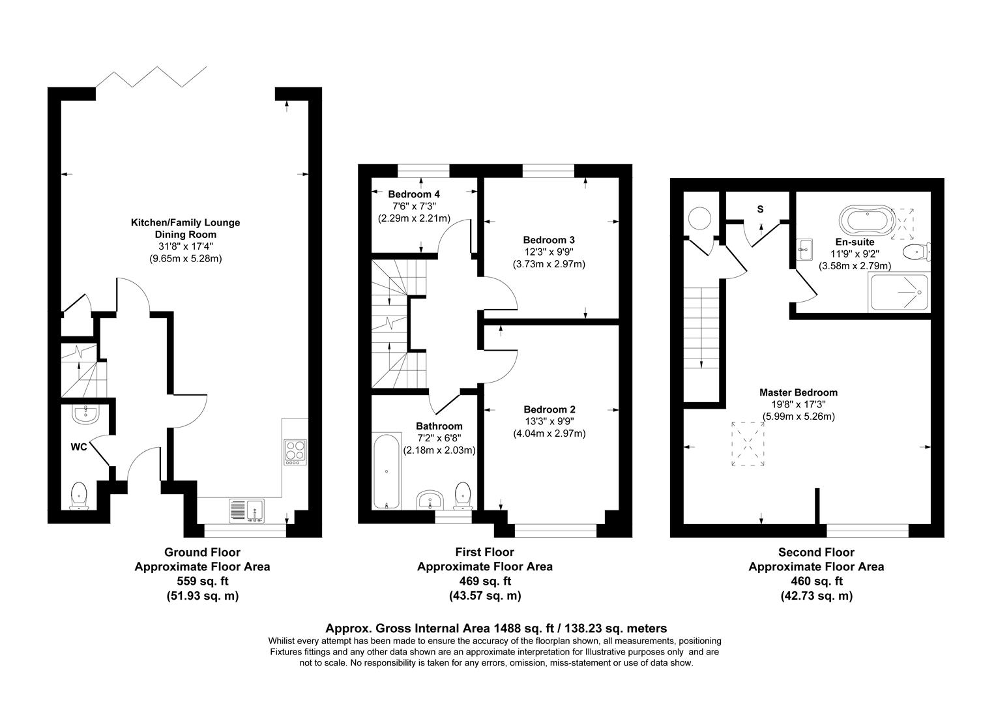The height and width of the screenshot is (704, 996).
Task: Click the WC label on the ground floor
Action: point(80,448)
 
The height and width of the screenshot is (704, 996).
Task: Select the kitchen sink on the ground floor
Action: point(246,510)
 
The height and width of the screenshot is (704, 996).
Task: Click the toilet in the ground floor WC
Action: point(79,495)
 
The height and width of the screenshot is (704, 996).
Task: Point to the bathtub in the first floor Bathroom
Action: point(387,471)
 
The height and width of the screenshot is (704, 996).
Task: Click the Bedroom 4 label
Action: point(414,194)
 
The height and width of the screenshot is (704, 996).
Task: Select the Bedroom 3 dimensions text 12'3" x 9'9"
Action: point(549,252)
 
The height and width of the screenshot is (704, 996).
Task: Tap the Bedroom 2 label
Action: point(549,409)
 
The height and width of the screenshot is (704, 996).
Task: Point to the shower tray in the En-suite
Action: point(898,291)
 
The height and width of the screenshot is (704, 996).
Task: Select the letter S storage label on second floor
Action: point(760,209)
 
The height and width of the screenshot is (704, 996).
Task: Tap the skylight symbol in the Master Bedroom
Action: point(748,444)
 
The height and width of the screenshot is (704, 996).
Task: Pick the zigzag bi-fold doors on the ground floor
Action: point(151,76)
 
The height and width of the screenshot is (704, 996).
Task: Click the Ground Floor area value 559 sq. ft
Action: point(203,581)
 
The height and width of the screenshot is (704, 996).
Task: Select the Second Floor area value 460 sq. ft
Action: point(816,581)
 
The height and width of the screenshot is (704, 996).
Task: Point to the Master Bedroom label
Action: point(798,392)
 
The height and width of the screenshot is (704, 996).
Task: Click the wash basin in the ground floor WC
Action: point(83,413)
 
